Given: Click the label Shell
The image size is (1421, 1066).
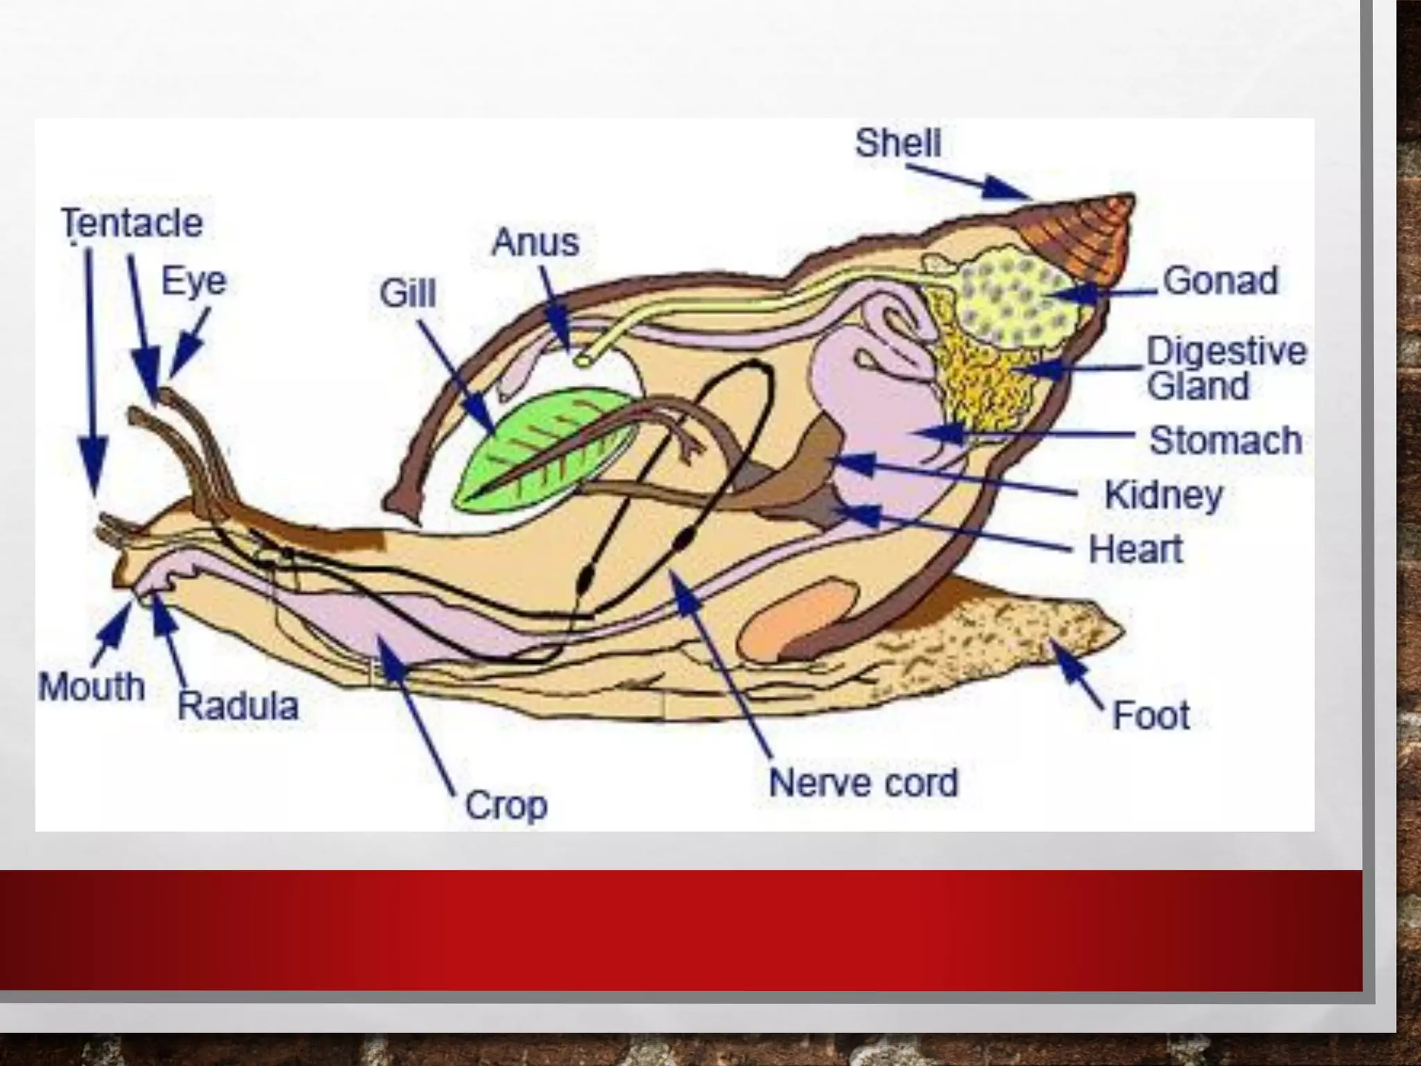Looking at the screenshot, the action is pyautogui.click(x=898, y=144).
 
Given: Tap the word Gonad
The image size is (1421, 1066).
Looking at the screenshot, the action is pyautogui.click(x=1220, y=281).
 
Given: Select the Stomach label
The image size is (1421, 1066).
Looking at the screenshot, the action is pyautogui.click(x=1225, y=441).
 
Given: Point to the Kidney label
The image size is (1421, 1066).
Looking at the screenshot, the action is pyautogui.click(x=1164, y=496).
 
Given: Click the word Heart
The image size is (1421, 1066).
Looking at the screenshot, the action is pyautogui.click(x=1136, y=550).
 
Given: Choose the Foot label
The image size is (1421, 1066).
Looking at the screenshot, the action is pyautogui.click(x=1151, y=716).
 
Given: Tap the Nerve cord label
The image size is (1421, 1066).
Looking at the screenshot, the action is pyautogui.click(x=863, y=783).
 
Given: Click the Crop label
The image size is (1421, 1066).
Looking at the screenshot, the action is pyautogui.click(x=506, y=806).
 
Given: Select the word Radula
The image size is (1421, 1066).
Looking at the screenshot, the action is pyautogui.click(x=238, y=707).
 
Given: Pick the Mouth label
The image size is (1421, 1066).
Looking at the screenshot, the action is pyautogui.click(x=92, y=687).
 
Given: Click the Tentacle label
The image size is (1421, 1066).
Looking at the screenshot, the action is pyautogui.click(x=132, y=223).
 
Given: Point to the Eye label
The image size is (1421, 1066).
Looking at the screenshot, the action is pyautogui.click(x=194, y=282).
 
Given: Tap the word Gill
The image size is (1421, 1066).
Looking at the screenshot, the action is pyautogui.click(x=408, y=294).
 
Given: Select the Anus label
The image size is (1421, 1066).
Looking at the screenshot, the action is pyautogui.click(x=535, y=242).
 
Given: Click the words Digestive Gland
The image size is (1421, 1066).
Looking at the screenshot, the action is pyautogui.click(x=1225, y=369).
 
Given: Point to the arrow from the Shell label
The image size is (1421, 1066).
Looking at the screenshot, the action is pyautogui.click(x=971, y=180).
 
